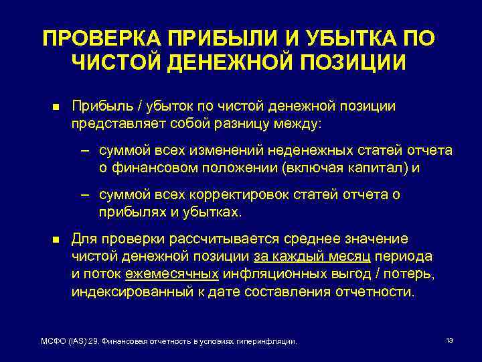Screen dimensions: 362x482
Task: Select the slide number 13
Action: pyautogui.click(x=449, y=341)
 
